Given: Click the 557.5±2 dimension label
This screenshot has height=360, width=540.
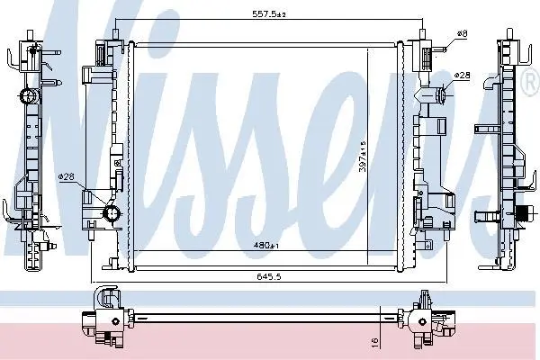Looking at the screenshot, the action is click(x=269, y=14).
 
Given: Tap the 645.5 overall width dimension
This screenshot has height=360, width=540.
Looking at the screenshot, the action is click(x=268, y=276).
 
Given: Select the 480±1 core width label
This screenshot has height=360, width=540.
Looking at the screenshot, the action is click(x=265, y=246).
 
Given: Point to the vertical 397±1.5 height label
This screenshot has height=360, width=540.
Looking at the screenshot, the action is click(x=363, y=157).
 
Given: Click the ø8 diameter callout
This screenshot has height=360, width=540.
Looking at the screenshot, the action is click(x=462, y=34).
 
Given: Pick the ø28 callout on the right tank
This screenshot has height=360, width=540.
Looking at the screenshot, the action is click(x=462, y=75).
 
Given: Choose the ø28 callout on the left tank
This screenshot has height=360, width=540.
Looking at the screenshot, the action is click(x=66, y=176).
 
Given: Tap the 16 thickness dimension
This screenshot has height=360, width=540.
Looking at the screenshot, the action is click(x=375, y=341).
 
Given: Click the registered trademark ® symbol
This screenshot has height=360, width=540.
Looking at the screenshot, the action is click(x=532, y=81).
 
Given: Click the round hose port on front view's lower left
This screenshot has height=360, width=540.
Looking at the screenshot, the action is click(x=112, y=213).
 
